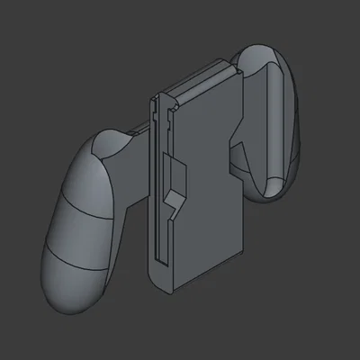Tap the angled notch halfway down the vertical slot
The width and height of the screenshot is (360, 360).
pos(176,180)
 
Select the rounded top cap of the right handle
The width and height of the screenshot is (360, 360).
pos(261,58)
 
